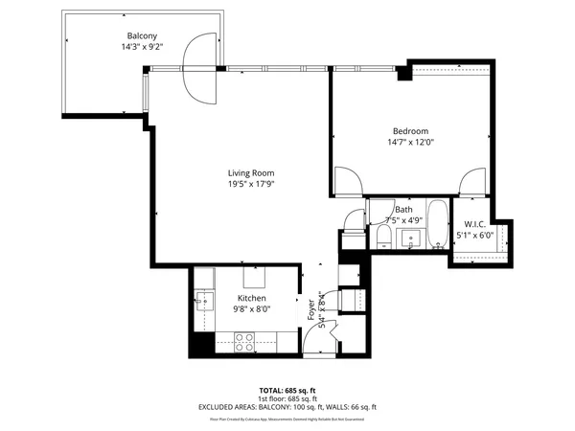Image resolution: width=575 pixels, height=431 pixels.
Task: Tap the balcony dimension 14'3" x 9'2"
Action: [141, 47]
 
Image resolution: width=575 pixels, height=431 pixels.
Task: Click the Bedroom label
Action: [410, 131]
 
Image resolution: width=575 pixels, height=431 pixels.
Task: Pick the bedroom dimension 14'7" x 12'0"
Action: [410, 143]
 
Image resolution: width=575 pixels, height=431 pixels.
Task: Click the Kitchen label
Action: [251, 298]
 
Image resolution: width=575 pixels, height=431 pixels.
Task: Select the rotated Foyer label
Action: [311, 310]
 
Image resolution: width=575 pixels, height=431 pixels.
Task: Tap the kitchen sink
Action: [202, 303]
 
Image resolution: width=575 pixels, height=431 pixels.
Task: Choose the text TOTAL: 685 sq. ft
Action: [287, 392]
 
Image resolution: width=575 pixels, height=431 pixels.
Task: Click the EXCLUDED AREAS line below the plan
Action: [287, 407]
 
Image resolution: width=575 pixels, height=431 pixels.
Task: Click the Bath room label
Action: [403, 209]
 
